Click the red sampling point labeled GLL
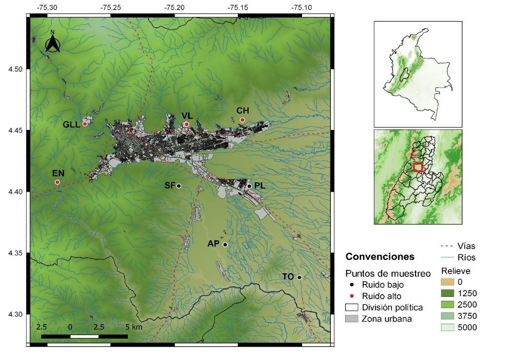tap(85, 124)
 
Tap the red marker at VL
tap(187, 124)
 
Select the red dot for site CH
tap(242, 120)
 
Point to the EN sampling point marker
tap(58, 182)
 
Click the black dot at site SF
tap(179, 186)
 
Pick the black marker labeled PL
tap(249, 186)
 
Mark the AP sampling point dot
tap(225, 244)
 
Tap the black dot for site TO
tap(300, 277)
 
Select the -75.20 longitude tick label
tap(175, 8)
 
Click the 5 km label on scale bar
tap(134, 327)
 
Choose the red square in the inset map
tap(418, 167)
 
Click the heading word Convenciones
tap(380, 257)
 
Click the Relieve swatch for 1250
tap(448, 293)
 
